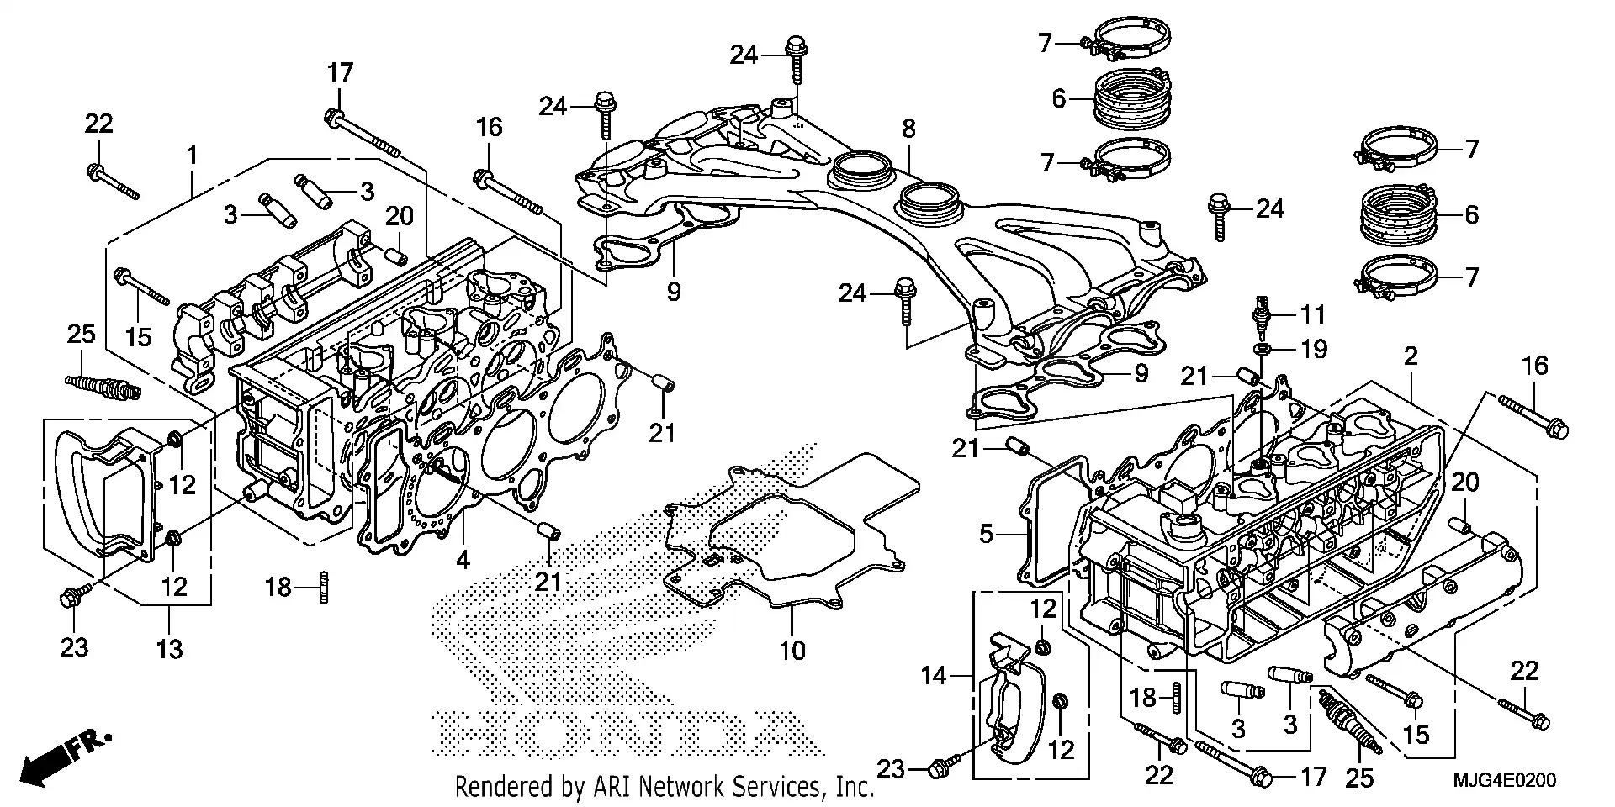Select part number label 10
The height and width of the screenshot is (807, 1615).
[792, 649]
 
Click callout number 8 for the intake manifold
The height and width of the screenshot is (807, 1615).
[908, 129]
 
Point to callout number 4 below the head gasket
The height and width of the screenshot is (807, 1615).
[463, 559]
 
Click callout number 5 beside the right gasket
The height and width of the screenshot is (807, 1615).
[987, 533]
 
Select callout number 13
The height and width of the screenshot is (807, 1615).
[169, 648]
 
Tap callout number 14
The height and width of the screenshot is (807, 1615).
[934, 675]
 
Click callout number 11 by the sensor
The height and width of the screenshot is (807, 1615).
[1313, 314]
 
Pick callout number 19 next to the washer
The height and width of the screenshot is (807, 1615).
[1313, 348]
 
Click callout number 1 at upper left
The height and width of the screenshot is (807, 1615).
[192, 156]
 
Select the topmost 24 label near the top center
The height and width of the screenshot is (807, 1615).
[744, 55]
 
